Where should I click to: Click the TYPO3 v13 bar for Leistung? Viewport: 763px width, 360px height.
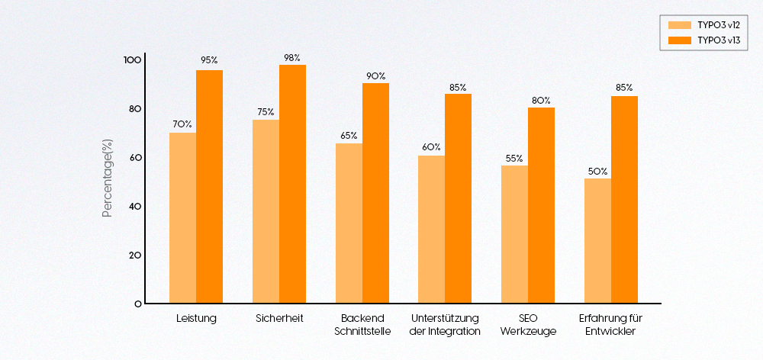[x=209, y=187]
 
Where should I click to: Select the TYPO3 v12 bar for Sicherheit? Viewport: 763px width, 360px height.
[x=266, y=211]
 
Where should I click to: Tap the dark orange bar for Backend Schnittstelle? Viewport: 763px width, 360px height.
[x=375, y=193]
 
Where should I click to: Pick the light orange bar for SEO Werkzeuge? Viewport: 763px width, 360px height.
[x=514, y=234]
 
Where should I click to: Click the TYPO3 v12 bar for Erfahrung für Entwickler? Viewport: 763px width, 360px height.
[x=597, y=240]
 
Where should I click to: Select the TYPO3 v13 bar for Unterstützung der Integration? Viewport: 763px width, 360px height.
[x=458, y=198]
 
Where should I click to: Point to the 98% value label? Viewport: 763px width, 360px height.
[x=291, y=58]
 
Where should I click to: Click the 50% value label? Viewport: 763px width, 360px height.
[x=597, y=172]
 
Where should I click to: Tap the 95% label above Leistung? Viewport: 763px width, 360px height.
[x=209, y=59]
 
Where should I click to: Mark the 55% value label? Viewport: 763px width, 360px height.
[x=514, y=159]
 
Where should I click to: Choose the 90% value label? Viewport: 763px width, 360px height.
[x=375, y=76]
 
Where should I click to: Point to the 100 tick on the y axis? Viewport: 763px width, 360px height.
[x=132, y=59]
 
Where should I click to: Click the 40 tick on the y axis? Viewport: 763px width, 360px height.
[x=134, y=206]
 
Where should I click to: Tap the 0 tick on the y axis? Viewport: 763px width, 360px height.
[x=137, y=304]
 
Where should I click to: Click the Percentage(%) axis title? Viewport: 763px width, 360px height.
[x=108, y=178]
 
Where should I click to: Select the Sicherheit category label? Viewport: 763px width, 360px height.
[x=279, y=318]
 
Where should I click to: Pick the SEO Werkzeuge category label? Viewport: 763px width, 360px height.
[x=528, y=324]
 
